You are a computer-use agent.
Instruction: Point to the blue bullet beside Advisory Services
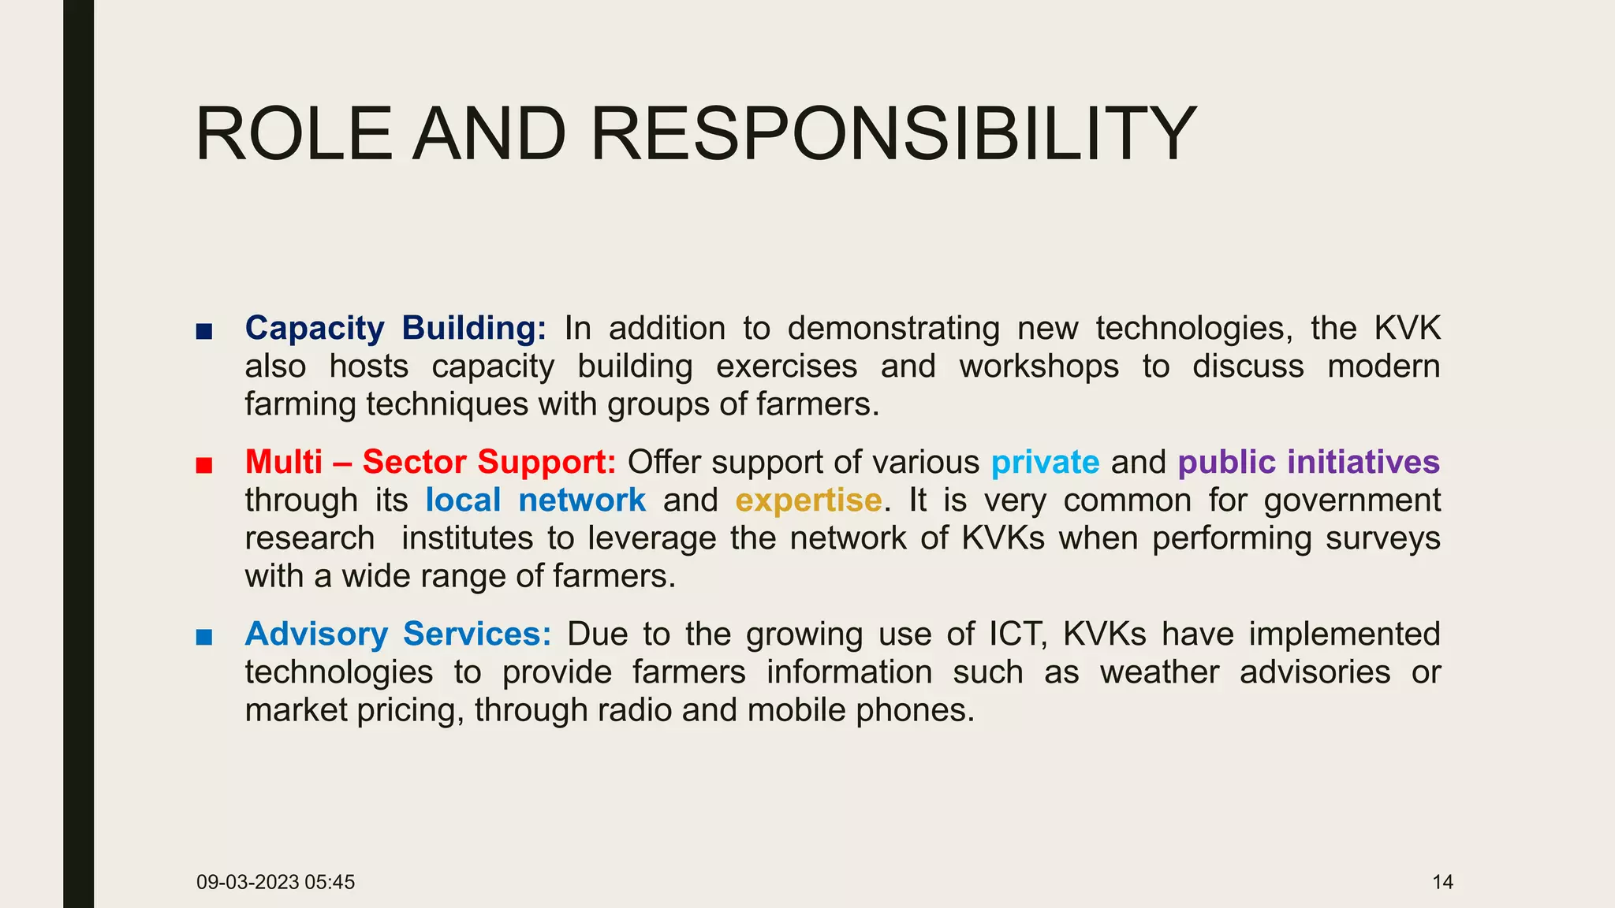(204, 637)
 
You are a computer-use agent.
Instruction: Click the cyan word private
(1045, 463)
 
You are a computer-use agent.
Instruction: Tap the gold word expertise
(808, 501)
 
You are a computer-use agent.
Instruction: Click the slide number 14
(1442, 882)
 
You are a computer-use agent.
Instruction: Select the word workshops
(1039, 367)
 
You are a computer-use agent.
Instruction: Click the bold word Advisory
(316, 634)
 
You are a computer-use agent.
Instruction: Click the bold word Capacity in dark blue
(315, 329)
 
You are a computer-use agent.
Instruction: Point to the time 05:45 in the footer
(330, 882)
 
